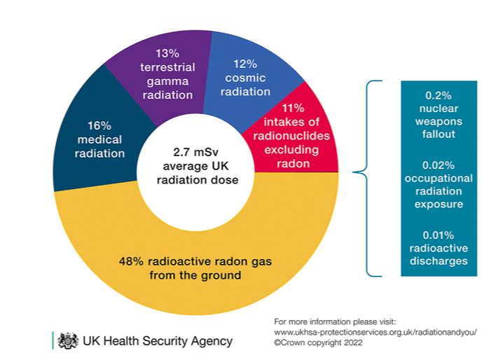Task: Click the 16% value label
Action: tap(99, 126)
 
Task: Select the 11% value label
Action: tap(292, 108)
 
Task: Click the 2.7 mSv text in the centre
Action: tap(196, 151)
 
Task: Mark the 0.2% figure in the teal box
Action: tap(439, 95)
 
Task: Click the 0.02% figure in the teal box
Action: tap(439, 165)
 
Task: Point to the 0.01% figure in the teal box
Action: tap(439, 235)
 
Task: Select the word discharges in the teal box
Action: tap(439, 261)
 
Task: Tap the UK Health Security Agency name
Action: tap(158, 341)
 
